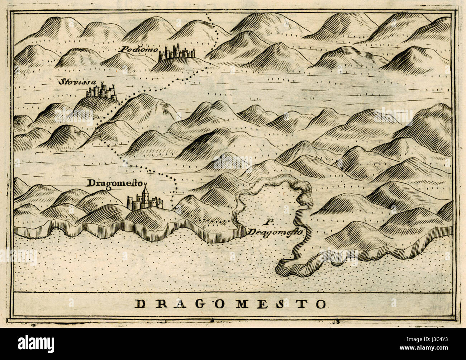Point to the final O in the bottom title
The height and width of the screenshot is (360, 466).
coord(320,304)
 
